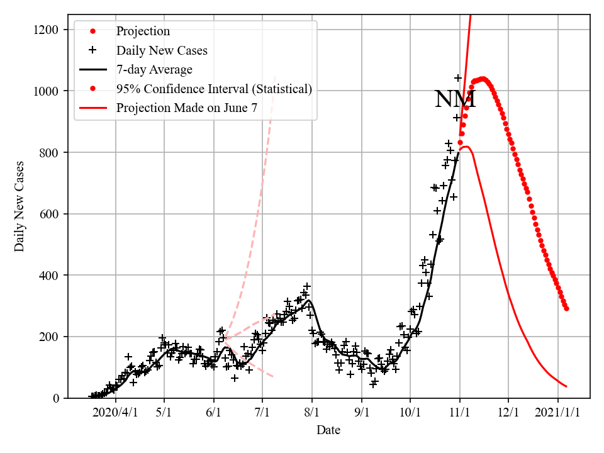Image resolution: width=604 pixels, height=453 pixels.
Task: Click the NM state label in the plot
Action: point(455,99)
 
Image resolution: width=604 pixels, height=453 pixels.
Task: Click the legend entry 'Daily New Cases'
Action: point(162,50)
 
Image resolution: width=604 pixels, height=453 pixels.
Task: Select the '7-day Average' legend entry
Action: point(154,69)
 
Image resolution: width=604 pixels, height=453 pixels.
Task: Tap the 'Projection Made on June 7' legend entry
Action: point(186,108)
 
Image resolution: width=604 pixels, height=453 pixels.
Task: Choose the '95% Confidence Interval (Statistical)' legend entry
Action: point(214,89)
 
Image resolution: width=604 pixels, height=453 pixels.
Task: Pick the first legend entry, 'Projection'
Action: point(143,31)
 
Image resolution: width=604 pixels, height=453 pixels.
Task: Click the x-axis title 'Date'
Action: point(328,430)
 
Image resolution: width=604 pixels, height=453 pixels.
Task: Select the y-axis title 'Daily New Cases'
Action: point(20,206)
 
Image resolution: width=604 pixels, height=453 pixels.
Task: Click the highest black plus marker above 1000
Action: point(458,78)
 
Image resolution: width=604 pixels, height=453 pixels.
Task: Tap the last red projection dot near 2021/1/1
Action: point(566,308)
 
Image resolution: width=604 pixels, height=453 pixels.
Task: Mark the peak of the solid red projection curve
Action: point(466,147)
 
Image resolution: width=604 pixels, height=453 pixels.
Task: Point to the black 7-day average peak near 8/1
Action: point(308,300)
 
